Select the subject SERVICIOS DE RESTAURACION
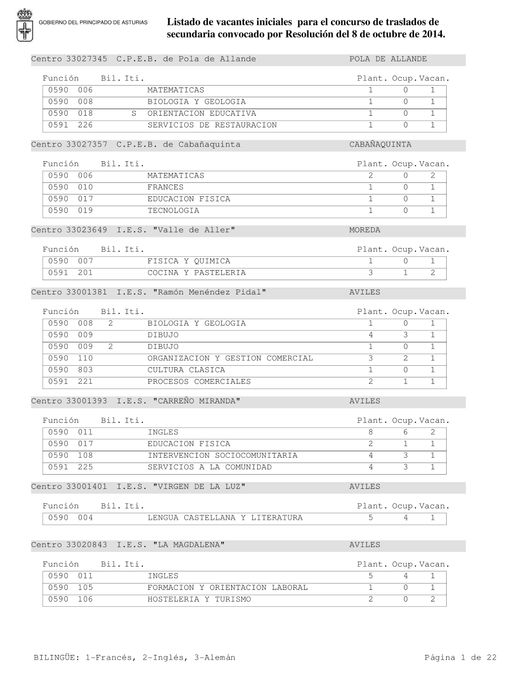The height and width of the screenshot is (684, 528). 212,125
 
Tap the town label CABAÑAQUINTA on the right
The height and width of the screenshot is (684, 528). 380,145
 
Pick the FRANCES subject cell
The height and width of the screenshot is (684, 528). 165,188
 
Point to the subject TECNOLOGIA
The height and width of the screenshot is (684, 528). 173,211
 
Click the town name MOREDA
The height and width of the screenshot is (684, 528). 364,230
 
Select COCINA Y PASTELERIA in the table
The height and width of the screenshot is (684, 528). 196,273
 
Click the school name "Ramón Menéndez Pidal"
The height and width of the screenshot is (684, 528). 209,292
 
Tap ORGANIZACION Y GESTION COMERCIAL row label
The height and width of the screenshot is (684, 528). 230,358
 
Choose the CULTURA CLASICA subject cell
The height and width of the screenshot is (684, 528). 186,370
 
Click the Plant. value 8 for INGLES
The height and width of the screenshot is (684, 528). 371,432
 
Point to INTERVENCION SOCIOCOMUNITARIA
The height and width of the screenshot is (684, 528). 222,456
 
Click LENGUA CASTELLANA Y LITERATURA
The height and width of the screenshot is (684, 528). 225,518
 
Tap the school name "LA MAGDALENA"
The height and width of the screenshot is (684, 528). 188,545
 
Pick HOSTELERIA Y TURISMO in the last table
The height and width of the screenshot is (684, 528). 199,599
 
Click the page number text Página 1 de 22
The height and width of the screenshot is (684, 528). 460,658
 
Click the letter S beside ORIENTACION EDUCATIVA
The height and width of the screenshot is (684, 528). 134,114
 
